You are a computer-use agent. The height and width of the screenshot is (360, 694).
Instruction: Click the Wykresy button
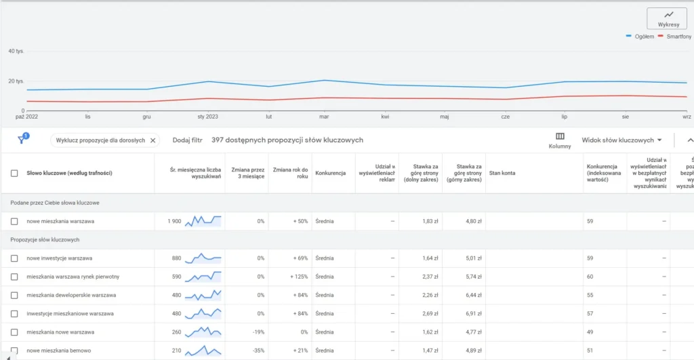coord(668,18)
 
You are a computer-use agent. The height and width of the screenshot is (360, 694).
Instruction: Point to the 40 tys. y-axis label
coord(16,51)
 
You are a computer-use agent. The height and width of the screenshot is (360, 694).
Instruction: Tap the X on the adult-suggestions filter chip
coord(153,140)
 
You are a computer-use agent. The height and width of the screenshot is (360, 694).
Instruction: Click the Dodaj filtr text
coord(188,140)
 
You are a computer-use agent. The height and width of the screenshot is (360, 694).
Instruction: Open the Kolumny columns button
coord(560,140)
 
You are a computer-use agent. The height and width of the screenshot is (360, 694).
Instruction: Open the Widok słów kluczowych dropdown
coord(621,140)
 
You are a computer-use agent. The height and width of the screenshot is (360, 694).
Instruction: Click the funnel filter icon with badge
coord(22,140)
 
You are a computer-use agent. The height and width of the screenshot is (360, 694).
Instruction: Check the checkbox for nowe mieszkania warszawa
coord(14,221)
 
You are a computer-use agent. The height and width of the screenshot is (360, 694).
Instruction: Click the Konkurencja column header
coord(331,173)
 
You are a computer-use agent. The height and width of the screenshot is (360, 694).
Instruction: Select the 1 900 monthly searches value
coord(174,221)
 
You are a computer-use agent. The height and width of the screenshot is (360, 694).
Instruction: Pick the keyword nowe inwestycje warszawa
coord(60,258)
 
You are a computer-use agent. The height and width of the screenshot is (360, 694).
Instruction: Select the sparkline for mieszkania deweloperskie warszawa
coord(203,295)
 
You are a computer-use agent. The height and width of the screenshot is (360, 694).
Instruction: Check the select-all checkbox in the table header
coord(14,173)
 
